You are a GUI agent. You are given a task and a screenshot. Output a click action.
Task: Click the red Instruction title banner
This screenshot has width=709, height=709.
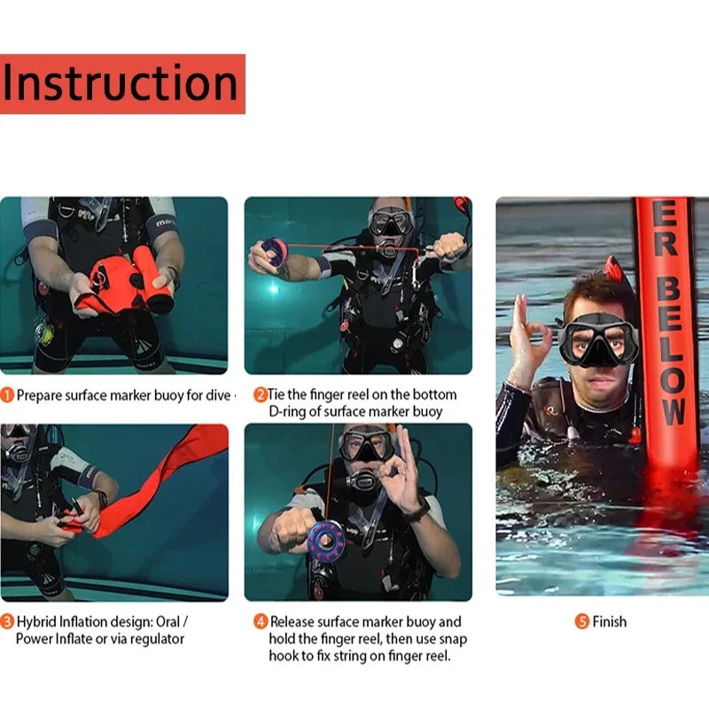(x=122, y=83)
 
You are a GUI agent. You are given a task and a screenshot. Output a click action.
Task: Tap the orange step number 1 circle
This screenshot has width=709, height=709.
(x=7, y=395)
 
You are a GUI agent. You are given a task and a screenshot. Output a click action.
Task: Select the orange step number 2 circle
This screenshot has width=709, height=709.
(x=261, y=394)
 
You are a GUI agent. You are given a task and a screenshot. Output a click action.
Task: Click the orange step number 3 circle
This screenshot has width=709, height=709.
(x=7, y=622)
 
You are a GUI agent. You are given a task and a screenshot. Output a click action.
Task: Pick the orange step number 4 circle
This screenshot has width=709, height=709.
(x=261, y=622)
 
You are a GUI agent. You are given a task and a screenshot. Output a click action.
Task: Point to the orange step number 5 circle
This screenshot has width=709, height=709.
(x=582, y=622)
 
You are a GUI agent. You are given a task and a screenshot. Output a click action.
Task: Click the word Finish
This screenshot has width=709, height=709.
(x=610, y=622)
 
